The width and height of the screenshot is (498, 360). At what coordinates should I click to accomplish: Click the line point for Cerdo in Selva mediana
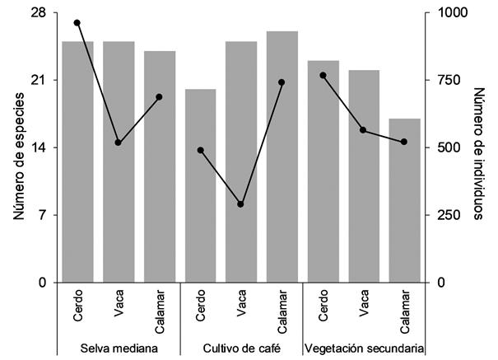(77, 22)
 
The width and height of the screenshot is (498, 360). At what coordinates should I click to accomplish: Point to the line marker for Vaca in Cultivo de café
(241, 203)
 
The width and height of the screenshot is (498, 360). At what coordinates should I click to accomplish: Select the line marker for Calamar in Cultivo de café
(282, 82)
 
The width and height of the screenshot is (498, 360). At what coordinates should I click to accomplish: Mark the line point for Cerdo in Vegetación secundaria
(323, 75)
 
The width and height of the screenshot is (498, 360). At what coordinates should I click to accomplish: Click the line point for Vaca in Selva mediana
(119, 143)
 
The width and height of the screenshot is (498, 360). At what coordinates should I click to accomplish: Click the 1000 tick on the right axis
(449, 13)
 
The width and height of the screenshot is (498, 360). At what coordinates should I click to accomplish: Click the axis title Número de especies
(18, 147)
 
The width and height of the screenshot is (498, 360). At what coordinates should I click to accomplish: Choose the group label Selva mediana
(119, 348)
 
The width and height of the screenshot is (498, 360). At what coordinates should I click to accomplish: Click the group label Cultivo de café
(241, 348)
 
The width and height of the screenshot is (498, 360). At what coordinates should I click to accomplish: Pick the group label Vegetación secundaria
(365, 348)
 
